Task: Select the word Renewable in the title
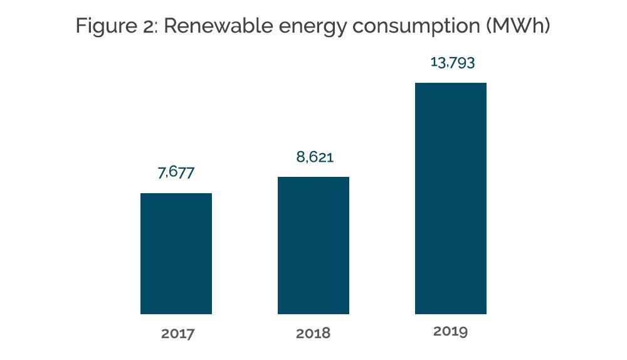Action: click(x=218, y=26)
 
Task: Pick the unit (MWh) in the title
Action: click(x=519, y=26)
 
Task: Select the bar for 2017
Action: click(x=176, y=253)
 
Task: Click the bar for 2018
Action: click(x=313, y=245)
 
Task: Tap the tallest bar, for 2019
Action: click(x=451, y=198)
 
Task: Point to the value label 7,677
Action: click(x=176, y=172)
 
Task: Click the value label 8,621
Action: click(x=315, y=157)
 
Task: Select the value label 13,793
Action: click(x=452, y=62)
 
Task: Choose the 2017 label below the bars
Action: click(x=177, y=333)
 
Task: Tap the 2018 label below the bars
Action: click(x=313, y=333)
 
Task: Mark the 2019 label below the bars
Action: click(x=450, y=331)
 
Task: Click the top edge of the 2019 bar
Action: click(x=451, y=83)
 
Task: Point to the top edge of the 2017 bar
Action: click(x=176, y=194)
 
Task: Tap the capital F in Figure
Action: click(x=82, y=26)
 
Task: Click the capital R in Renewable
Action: click(x=171, y=26)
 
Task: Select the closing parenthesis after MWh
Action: click(x=547, y=26)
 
